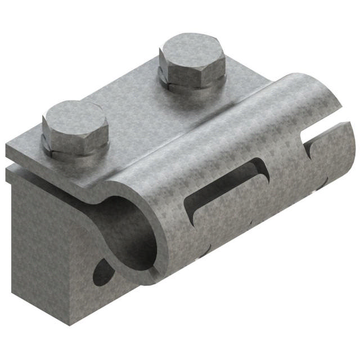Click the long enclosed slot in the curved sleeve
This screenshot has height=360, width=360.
click(225, 186)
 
